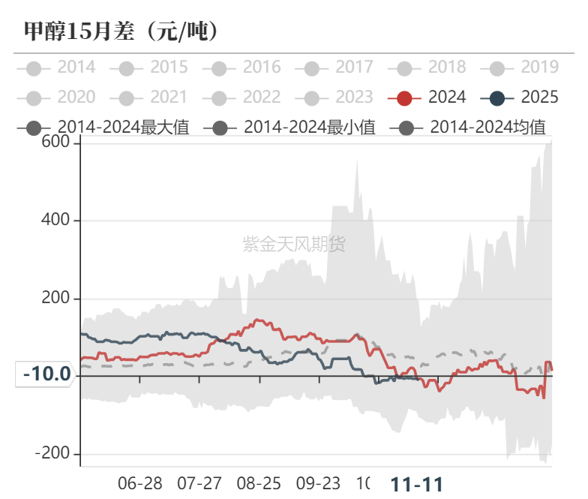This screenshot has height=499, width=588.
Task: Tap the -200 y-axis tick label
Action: click(53, 455)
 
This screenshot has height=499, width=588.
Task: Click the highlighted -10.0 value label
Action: click(46, 374)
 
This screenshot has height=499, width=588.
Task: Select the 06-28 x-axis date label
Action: click(140, 483)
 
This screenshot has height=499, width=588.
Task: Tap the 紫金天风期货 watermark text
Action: click(294, 244)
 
